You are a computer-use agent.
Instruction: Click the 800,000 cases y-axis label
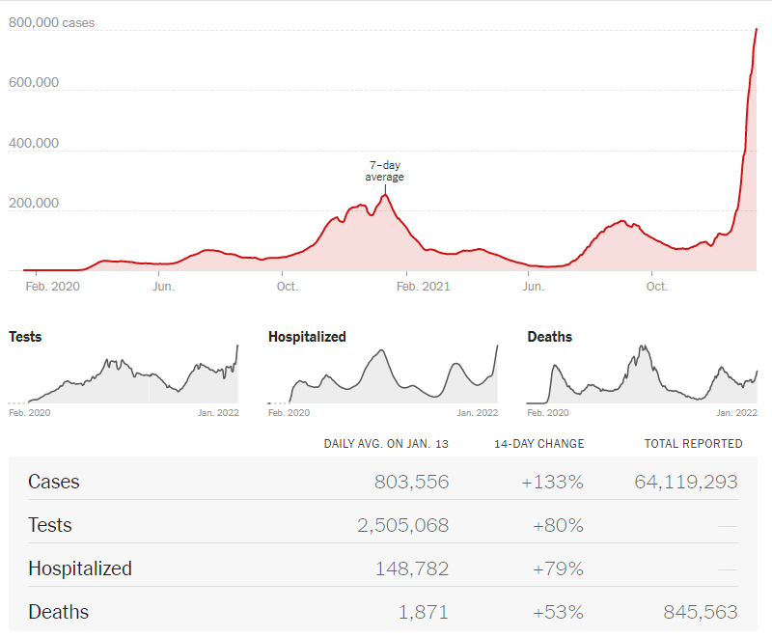pyautogui.click(x=52, y=22)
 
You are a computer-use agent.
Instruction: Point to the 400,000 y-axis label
pyautogui.click(x=34, y=143)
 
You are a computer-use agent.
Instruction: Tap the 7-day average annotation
pyautogui.click(x=384, y=171)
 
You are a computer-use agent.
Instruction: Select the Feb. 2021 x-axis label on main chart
pyautogui.click(x=423, y=286)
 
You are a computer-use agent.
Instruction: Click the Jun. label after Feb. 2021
pyautogui.click(x=532, y=286)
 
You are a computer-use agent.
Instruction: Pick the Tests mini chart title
pyautogui.click(x=25, y=337)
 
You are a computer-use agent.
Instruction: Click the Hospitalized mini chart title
pyautogui.click(x=307, y=337)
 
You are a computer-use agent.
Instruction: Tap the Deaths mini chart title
pyautogui.click(x=549, y=337)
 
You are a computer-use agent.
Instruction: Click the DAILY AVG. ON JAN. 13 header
pyautogui.click(x=386, y=444)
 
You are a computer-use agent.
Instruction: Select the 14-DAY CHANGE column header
pyautogui.click(x=539, y=444)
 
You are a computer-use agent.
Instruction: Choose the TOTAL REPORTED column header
pyautogui.click(x=693, y=444)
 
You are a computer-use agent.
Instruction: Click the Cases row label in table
pyautogui.click(x=54, y=482)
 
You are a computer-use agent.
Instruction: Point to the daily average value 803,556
pyautogui.click(x=411, y=482)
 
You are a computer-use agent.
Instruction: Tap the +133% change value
pyautogui.click(x=552, y=482)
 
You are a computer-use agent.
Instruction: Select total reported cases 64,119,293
pyautogui.click(x=685, y=482)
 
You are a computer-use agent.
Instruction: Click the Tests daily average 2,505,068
pyautogui.click(x=402, y=525)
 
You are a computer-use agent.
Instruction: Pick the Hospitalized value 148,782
pyautogui.click(x=411, y=568)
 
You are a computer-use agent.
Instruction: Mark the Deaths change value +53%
pyautogui.click(x=558, y=612)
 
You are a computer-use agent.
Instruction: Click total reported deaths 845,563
pyautogui.click(x=700, y=612)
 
